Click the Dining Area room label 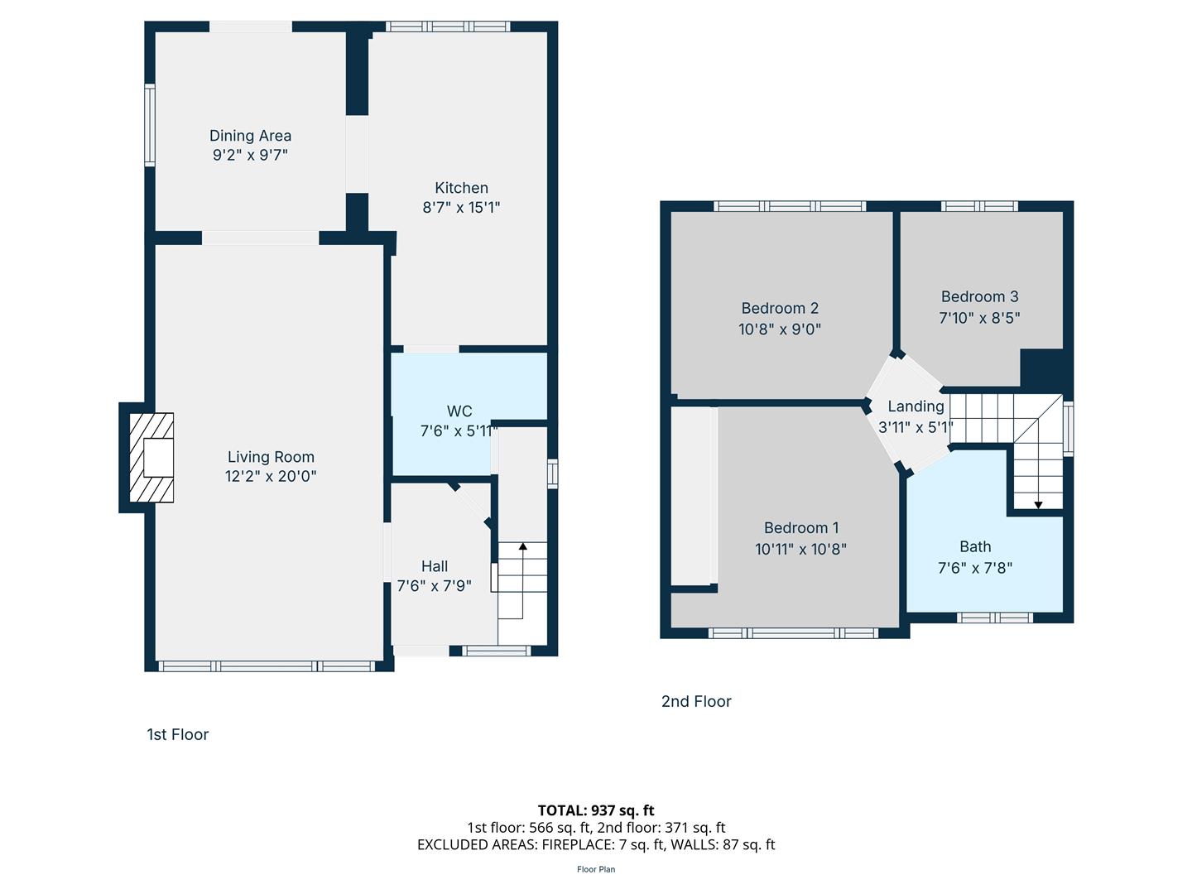click(250, 135)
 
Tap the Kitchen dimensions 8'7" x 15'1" click(461, 207)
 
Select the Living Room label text click(271, 457)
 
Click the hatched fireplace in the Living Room click(151, 457)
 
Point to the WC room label click(459, 411)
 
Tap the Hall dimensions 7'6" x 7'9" click(434, 586)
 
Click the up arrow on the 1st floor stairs click(522, 546)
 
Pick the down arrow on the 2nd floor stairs click(1038, 505)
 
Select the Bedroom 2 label click(780, 308)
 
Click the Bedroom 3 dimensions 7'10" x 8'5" click(979, 318)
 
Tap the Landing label click(916, 406)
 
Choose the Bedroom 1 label click(801, 527)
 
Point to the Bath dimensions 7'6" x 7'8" click(975, 568)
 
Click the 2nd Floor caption click(696, 701)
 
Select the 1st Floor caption click(178, 734)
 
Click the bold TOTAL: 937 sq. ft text click(596, 810)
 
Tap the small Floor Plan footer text click(596, 869)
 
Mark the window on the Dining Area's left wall click(149, 124)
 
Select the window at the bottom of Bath click(994, 618)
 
